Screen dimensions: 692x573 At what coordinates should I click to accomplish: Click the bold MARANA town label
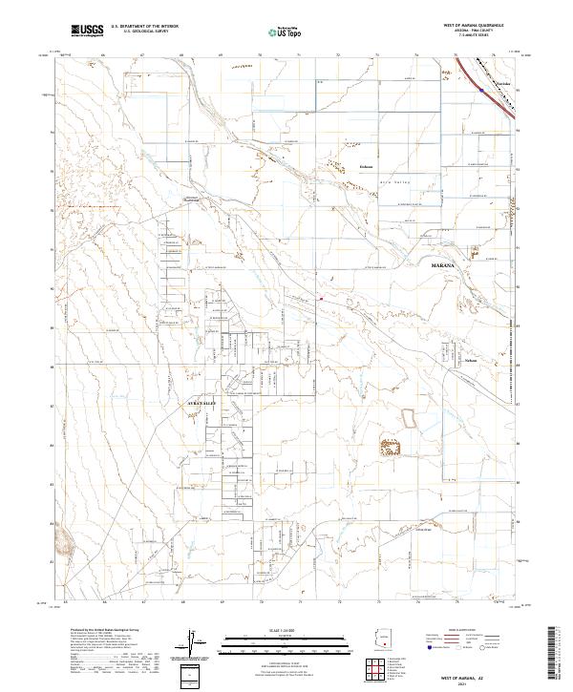click(x=445, y=262)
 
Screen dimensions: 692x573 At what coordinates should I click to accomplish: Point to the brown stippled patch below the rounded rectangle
click(x=391, y=445)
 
